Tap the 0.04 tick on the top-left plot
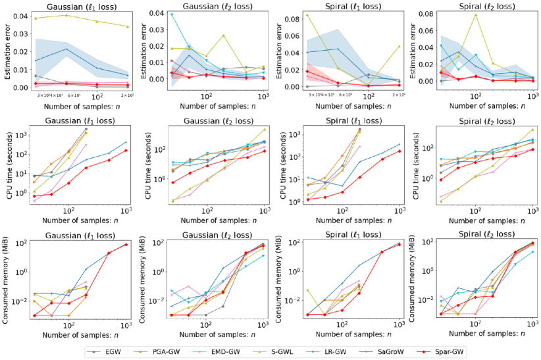(20, 15)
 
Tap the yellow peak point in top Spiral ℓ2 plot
(475, 14)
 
